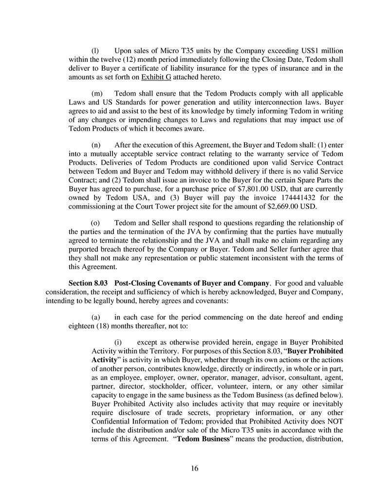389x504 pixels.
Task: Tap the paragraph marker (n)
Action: tap(96, 145)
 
